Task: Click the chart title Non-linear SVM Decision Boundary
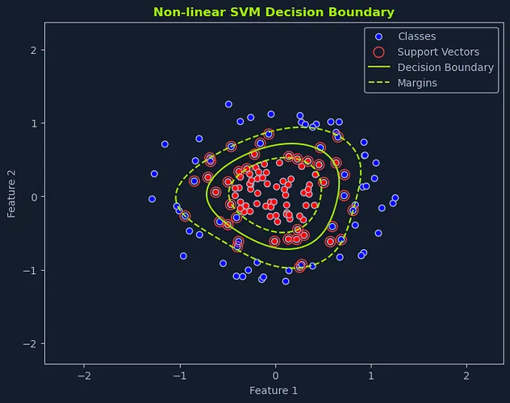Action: [x=274, y=12]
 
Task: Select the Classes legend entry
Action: [x=416, y=36]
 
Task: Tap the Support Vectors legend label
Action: [x=438, y=52]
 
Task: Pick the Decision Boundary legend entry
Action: [x=445, y=68]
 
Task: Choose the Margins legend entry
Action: [x=417, y=83]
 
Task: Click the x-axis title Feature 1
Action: [x=274, y=391]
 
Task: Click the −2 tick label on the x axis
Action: [x=84, y=376]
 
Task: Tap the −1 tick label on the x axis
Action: [x=179, y=376]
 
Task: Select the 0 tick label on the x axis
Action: [x=275, y=376]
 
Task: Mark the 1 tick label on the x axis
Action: [x=370, y=376]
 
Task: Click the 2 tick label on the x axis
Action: [x=466, y=376]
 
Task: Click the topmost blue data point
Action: [x=228, y=104]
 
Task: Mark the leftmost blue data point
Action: [x=152, y=199]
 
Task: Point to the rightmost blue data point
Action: [x=395, y=197]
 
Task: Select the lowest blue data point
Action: [x=286, y=281]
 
